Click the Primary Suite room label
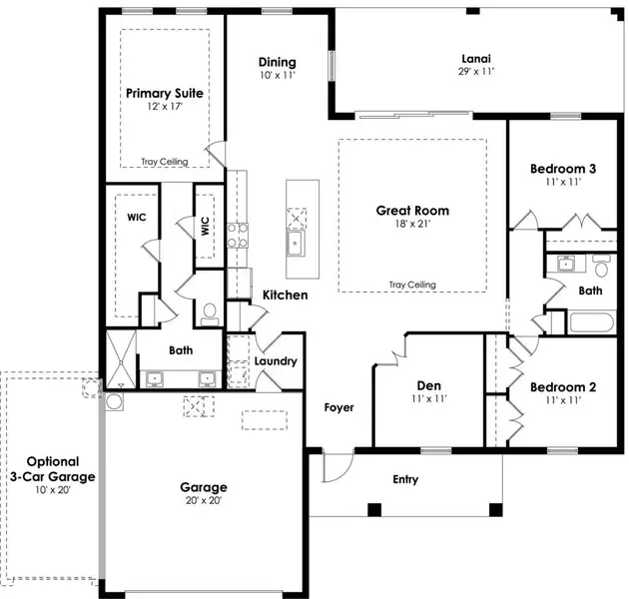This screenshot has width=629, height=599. pyautogui.click(x=165, y=93)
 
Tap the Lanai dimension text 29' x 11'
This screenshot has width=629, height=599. pyautogui.click(x=475, y=72)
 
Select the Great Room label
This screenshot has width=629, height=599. pyautogui.click(x=412, y=211)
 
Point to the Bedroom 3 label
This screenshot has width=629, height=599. pyautogui.click(x=563, y=169)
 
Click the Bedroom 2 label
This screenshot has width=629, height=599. pyautogui.click(x=563, y=387)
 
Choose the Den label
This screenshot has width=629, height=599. pyautogui.click(x=428, y=385)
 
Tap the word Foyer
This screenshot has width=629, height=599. pyautogui.click(x=339, y=407)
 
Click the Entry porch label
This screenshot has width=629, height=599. pyautogui.click(x=405, y=480)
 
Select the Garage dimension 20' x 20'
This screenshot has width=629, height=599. pyautogui.click(x=204, y=501)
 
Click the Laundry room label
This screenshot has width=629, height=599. pyautogui.click(x=275, y=361)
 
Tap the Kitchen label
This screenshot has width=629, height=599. pyautogui.click(x=285, y=296)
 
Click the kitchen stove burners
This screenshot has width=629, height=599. pyautogui.click(x=239, y=236)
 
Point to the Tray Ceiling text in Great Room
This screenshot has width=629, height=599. pyautogui.click(x=412, y=285)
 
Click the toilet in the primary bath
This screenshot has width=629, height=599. pyautogui.click(x=209, y=315)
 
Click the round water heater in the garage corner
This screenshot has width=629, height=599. pyautogui.click(x=114, y=402)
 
